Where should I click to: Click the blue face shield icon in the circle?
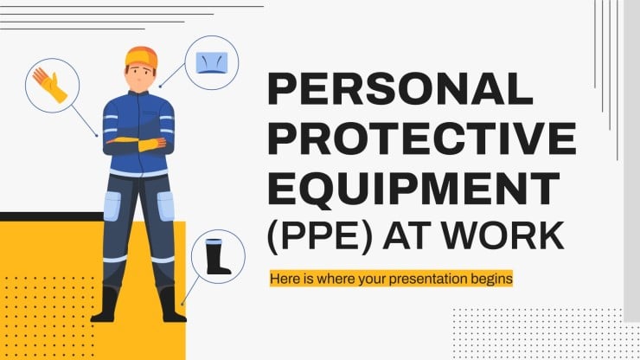(211, 62)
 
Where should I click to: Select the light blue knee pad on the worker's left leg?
(165, 205)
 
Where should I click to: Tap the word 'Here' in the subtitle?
(285, 280)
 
